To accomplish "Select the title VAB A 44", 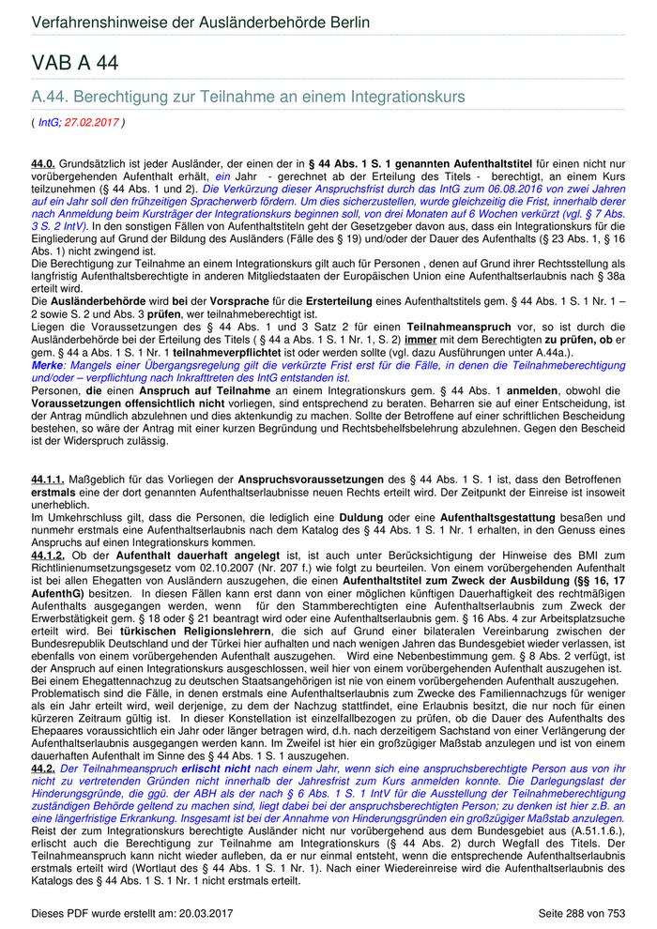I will pyautogui.click(x=75, y=63).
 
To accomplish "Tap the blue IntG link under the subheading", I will pyautogui.click(x=49, y=122).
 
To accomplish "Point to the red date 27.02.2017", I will pyautogui.click(x=92, y=122).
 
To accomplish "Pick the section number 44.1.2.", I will pyautogui.click(x=47, y=556).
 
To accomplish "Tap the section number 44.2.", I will pyautogui.click(x=43, y=768).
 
